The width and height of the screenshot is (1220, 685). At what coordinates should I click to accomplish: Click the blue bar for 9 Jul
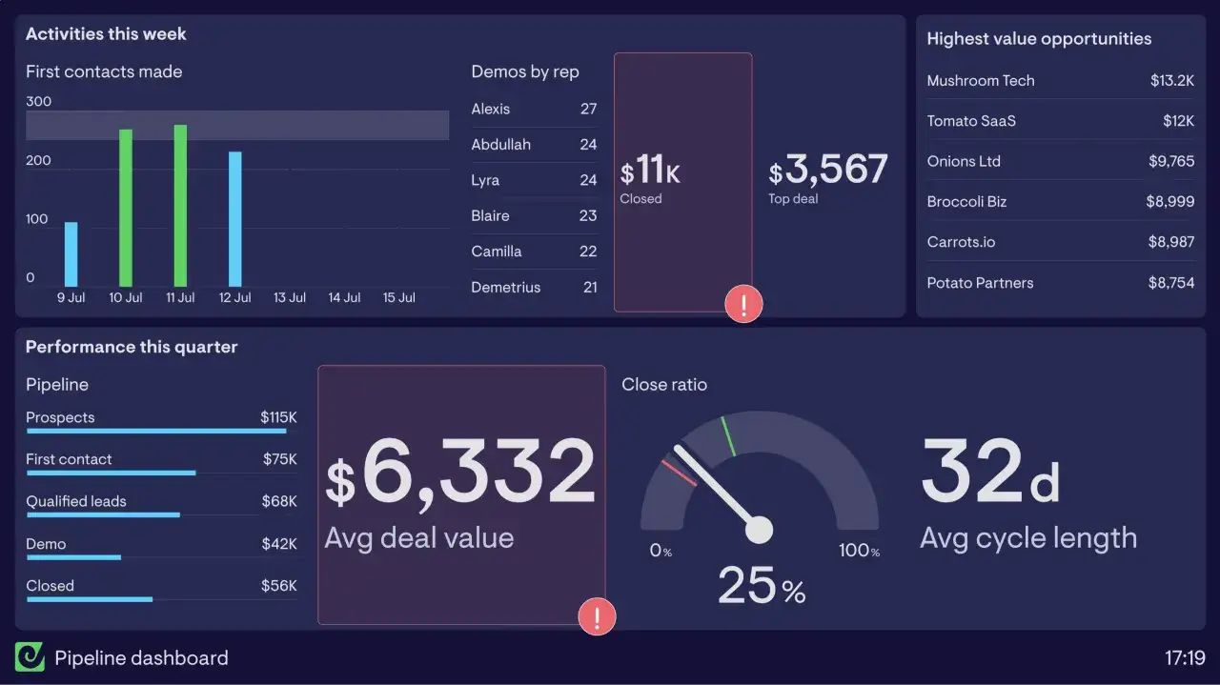[71, 254]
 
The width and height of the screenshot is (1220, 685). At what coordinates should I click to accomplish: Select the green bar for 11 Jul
[180, 206]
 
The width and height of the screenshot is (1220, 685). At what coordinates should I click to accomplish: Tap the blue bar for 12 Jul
[234, 219]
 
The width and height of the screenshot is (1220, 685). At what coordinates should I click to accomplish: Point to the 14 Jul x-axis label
[344, 298]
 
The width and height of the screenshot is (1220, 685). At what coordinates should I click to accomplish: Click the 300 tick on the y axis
[39, 101]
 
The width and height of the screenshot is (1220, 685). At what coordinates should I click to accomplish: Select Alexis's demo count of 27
[588, 109]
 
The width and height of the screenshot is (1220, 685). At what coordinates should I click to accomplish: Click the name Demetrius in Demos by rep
[505, 287]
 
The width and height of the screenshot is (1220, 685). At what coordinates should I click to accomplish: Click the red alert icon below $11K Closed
[743, 304]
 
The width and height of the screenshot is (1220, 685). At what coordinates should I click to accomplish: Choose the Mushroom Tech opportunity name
[981, 81]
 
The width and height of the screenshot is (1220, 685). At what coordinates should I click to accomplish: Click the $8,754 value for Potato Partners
[1171, 283]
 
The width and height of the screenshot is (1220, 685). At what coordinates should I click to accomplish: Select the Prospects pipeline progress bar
[156, 431]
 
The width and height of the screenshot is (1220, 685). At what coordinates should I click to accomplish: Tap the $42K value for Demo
[279, 543]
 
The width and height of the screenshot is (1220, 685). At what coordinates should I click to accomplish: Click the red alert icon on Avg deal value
[597, 616]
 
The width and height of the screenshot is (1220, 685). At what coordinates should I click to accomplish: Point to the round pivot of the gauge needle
[759, 530]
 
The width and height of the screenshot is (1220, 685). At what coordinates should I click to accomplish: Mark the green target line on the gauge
[728, 436]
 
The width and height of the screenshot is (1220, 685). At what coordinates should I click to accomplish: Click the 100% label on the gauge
[859, 550]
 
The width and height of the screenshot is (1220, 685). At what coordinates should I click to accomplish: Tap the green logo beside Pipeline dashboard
[30, 657]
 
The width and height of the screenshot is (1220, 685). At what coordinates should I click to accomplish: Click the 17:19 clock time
[1185, 657]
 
